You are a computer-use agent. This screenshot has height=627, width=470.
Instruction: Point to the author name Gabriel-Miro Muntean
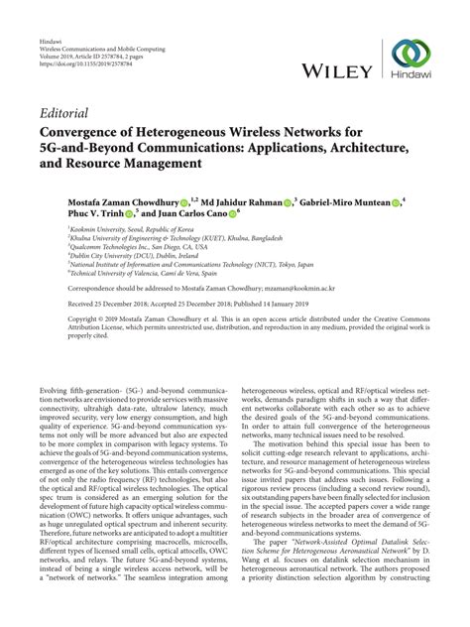(343, 202)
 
